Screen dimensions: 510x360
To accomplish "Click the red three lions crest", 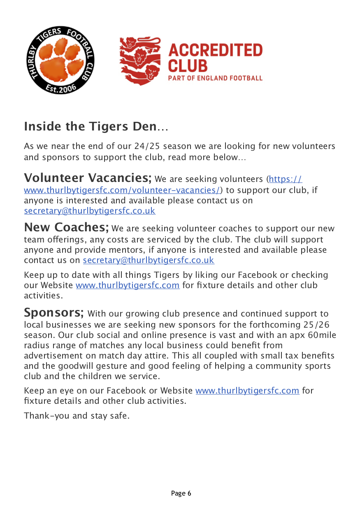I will point(140,61).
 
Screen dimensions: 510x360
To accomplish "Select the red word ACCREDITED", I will point(215,50).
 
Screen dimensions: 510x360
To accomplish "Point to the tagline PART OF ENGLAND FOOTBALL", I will point(215,78).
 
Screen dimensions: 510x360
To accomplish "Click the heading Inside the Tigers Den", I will point(96,126).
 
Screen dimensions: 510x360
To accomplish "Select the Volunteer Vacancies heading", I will point(88,178).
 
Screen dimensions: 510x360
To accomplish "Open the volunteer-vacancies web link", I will point(123,190).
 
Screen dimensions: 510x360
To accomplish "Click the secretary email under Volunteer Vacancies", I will point(90,211).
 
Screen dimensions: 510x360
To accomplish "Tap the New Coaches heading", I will point(66,227).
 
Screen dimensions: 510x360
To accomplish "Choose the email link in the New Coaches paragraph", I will point(149,260).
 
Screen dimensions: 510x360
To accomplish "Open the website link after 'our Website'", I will point(128,285).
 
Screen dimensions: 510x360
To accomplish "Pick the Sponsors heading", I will point(54,312).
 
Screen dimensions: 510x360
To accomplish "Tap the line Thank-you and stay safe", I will point(77,416).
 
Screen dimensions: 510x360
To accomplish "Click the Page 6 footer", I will point(181,494).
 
